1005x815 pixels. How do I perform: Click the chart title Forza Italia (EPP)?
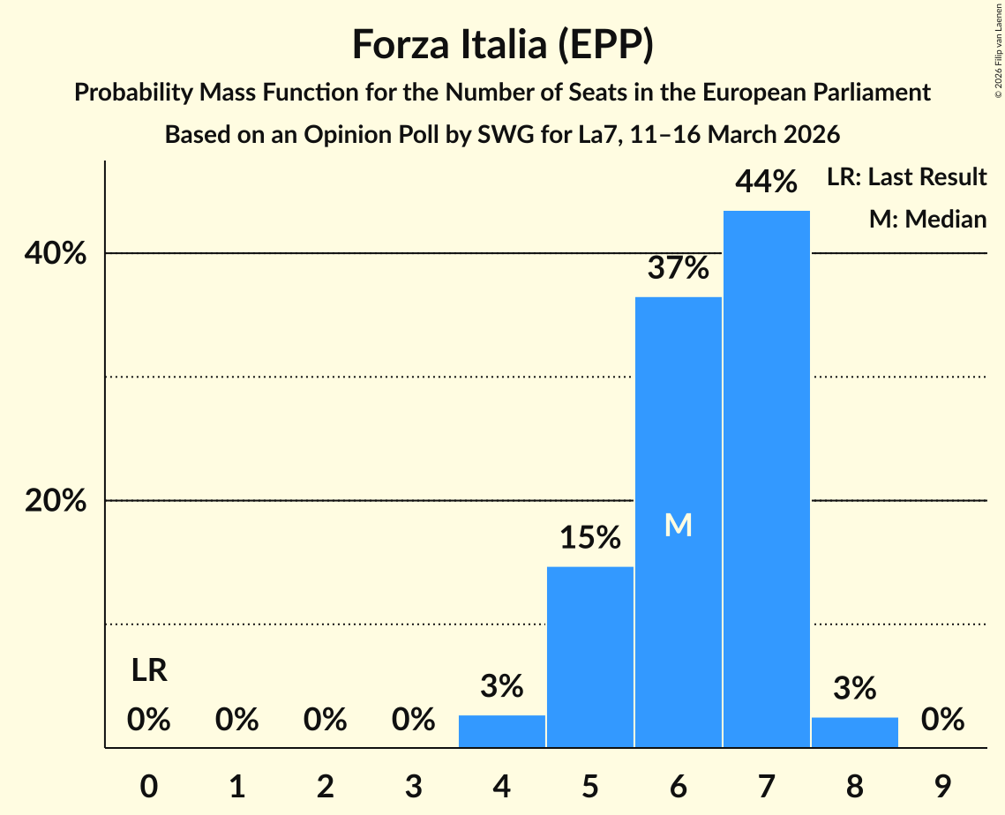pos(502,45)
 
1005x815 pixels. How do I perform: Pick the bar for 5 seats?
pos(590,656)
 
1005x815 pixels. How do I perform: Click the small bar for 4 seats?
pos(502,731)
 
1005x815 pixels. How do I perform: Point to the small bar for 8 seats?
pos(854,732)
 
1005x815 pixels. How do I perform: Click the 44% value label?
pos(766,182)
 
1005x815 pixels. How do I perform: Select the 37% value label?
pos(678,268)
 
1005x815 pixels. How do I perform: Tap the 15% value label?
pos(590,537)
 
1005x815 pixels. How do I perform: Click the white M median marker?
pos(678,526)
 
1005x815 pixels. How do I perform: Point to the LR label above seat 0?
pos(149,671)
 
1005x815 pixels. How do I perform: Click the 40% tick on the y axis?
pos(55,254)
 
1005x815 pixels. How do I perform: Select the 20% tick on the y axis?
pos(55,501)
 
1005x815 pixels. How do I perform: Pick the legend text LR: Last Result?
pos(906,177)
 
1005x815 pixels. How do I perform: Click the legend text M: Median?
pos(927,219)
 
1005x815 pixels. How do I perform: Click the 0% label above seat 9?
pos(942,720)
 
